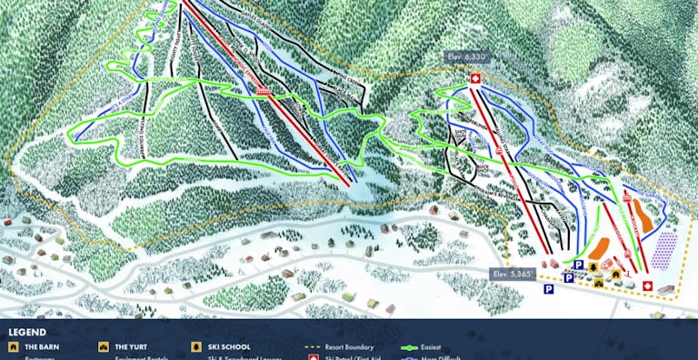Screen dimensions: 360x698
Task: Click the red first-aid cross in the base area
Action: point(646,286)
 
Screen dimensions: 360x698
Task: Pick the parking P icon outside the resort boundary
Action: point(549,289)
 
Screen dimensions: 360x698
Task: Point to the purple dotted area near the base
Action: point(665,246)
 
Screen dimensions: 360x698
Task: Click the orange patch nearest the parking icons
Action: point(598,246)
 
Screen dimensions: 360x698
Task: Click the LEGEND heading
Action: point(28,333)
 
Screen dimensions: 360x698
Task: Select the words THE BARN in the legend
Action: point(42,347)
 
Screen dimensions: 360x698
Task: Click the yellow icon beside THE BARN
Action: point(13,347)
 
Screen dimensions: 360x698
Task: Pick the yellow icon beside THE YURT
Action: point(104,347)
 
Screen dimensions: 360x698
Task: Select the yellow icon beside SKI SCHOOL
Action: point(196,347)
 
